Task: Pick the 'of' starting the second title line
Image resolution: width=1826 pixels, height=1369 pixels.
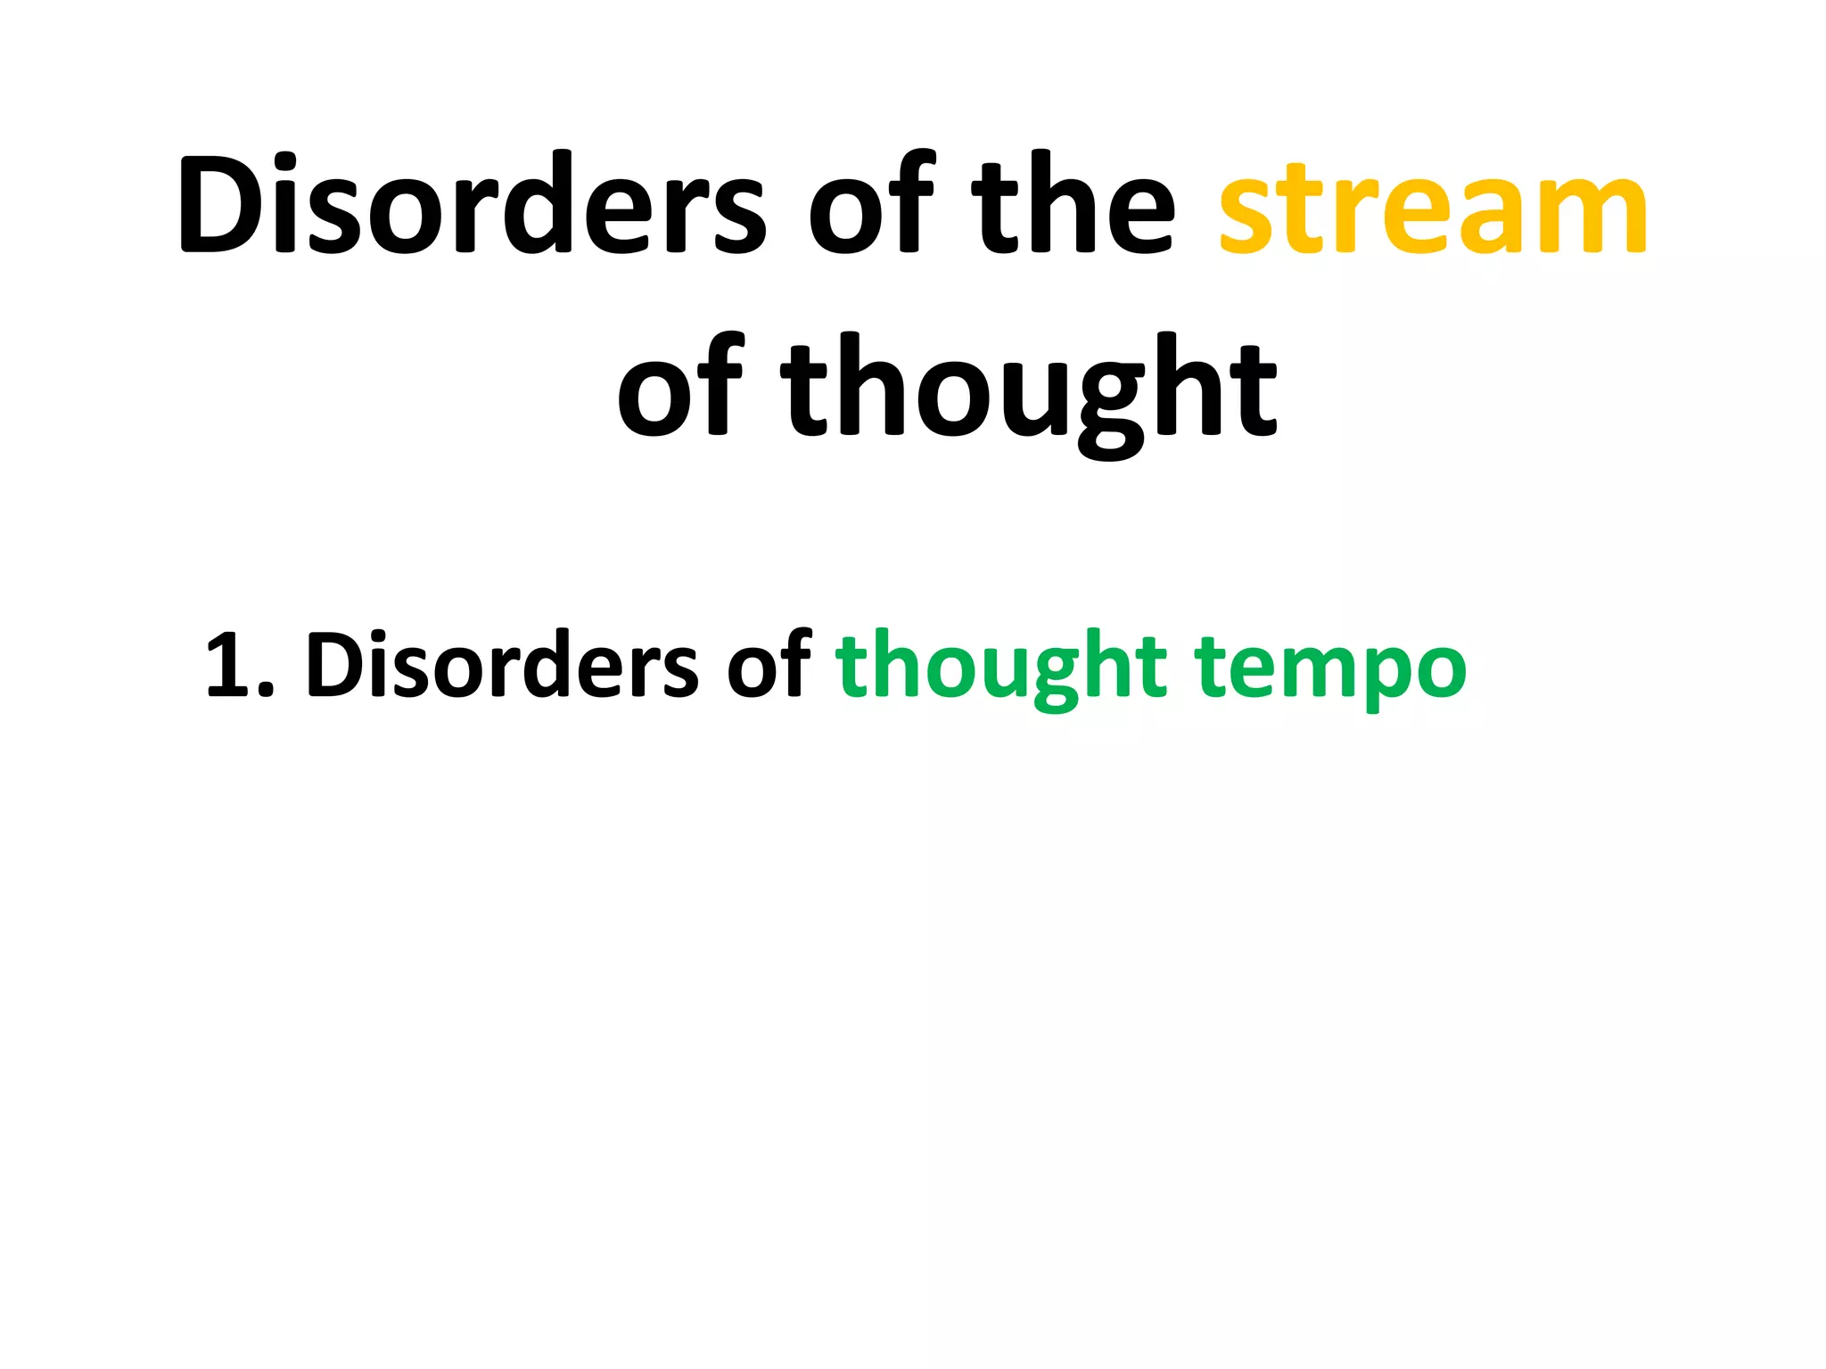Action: [x=679, y=389]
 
